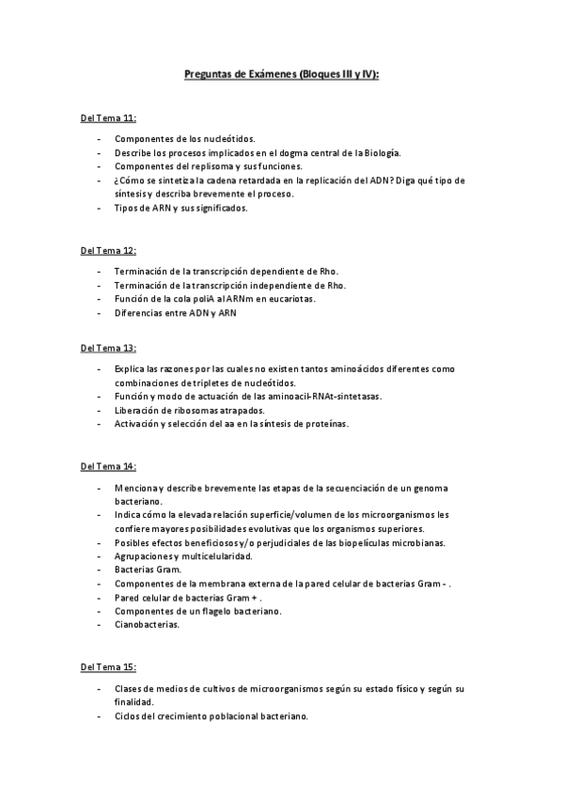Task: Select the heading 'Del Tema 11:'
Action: tap(108, 118)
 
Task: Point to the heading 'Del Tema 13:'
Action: tap(108, 348)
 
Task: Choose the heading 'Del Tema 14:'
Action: tap(108, 466)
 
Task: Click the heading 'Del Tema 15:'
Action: tap(108, 667)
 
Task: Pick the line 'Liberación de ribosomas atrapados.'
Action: tap(190, 410)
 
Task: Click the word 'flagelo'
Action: tap(218, 611)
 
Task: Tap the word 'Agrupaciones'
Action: tap(143, 556)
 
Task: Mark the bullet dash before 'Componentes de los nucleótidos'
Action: tap(100, 138)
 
